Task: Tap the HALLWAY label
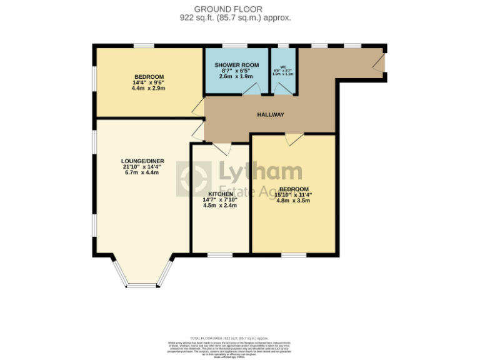(271, 114)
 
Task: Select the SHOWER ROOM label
(236, 65)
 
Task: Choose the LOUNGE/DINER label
(142, 161)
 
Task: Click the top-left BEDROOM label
(147, 76)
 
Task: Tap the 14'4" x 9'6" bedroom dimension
(147, 82)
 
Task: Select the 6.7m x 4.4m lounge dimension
(142, 172)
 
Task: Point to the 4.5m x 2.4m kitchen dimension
(219, 205)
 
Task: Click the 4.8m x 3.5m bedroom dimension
(293, 201)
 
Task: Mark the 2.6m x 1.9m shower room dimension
(236, 76)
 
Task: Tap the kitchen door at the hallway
(222, 148)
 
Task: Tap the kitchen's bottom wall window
(220, 254)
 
